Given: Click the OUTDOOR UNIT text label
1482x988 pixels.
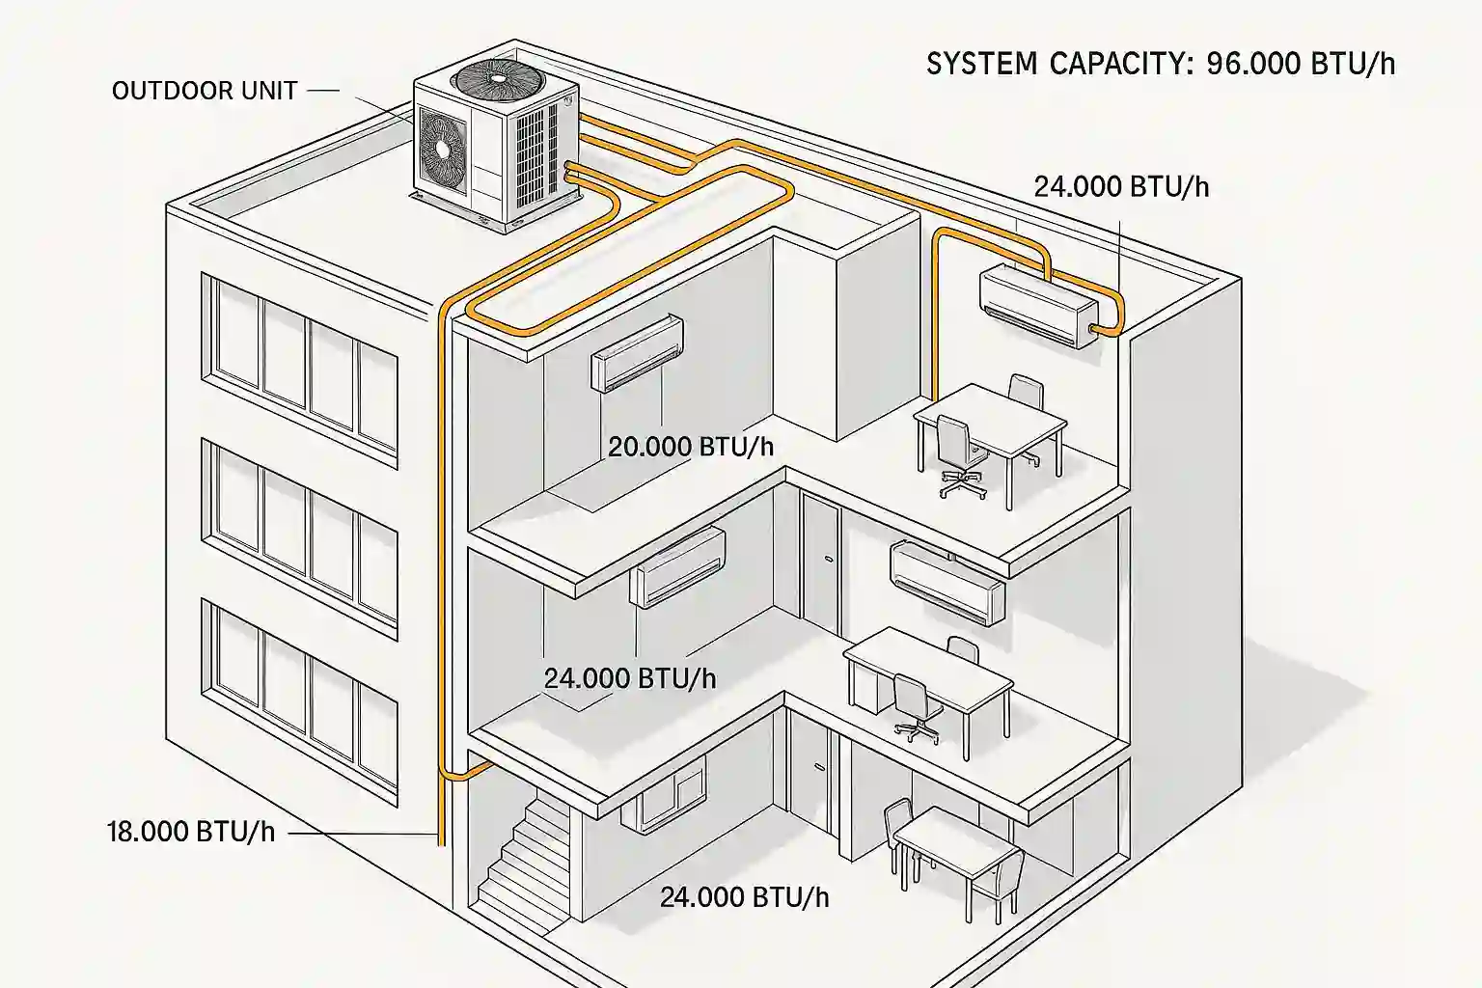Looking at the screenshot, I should tap(205, 91).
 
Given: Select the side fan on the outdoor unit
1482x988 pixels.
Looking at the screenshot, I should tap(442, 148).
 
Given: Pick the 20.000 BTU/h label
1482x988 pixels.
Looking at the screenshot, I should tap(691, 447).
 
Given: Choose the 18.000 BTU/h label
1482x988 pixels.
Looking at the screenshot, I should tap(190, 832).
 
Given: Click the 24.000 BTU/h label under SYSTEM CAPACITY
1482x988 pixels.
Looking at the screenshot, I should tap(1121, 186).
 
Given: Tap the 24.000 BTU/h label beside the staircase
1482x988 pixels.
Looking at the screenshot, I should tap(744, 897).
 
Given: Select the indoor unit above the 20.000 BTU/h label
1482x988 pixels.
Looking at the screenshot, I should tap(637, 353).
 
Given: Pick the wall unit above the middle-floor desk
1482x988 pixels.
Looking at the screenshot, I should tap(948, 581).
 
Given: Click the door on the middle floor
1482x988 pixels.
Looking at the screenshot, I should tap(819, 560).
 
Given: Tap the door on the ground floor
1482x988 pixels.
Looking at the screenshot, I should tap(813, 782).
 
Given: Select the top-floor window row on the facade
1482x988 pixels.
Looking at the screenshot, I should tap(299, 357).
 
